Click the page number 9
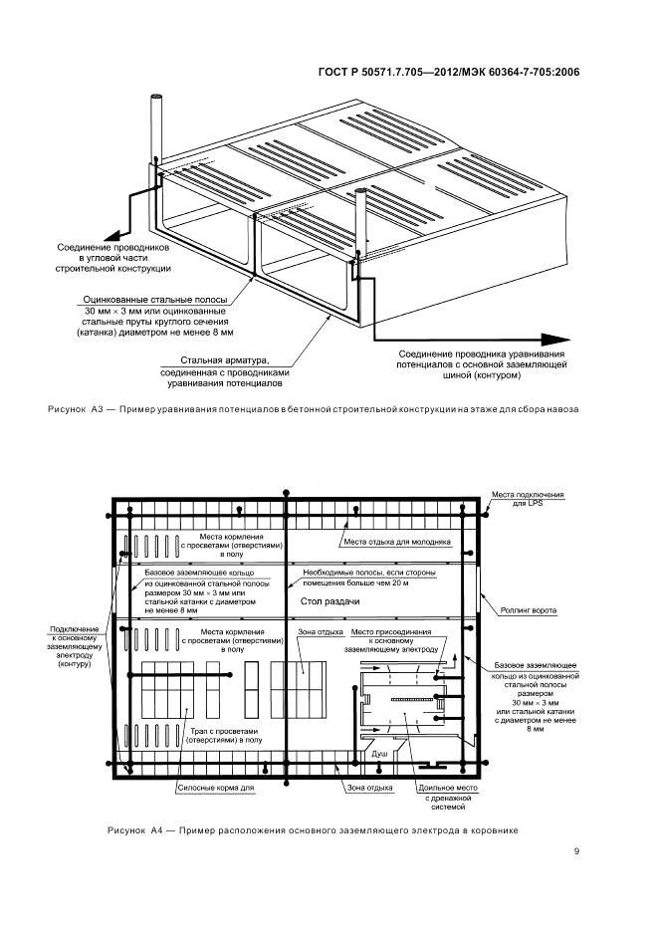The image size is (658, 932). click(x=577, y=850)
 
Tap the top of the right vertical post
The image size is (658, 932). click(x=361, y=186)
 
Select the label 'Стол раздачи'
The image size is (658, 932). click(x=323, y=602)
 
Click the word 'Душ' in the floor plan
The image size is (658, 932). click(x=379, y=755)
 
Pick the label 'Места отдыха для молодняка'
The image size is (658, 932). click(x=398, y=542)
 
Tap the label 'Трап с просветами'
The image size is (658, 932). click(x=227, y=730)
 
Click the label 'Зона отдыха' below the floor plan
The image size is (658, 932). click(x=340, y=787)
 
